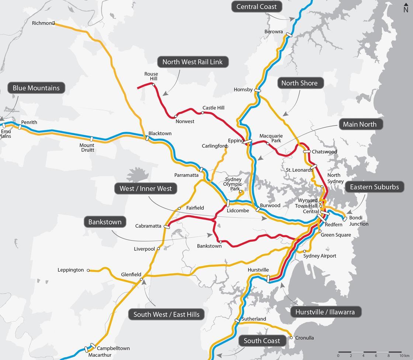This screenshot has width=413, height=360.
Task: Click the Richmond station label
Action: (x=43, y=23)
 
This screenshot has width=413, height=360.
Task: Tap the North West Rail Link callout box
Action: (x=192, y=62)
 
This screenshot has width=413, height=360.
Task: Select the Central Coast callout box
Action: (x=256, y=7)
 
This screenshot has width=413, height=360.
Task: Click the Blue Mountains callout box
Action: (x=36, y=88)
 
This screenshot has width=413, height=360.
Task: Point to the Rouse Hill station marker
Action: (x=153, y=85)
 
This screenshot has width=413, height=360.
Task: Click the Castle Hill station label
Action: (x=213, y=108)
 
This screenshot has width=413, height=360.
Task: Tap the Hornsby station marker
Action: (x=257, y=90)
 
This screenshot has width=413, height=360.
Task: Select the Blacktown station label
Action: (x=160, y=133)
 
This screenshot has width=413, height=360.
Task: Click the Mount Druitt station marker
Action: (x=91, y=139)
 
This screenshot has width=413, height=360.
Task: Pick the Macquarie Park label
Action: (x=271, y=138)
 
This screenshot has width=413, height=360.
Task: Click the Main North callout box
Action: (x=360, y=124)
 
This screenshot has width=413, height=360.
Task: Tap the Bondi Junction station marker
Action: (x=345, y=219)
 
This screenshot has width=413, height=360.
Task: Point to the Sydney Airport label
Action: (x=320, y=256)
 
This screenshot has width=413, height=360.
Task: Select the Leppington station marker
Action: (x=88, y=270)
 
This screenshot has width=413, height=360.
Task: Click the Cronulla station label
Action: (x=305, y=338)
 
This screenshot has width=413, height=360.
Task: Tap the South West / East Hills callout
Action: (x=166, y=314)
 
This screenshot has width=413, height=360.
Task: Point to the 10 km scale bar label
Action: (x=404, y=356)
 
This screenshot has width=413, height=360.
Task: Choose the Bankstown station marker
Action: (x=221, y=242)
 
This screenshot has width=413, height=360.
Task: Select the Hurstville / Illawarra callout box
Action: (x=325, y=312)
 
